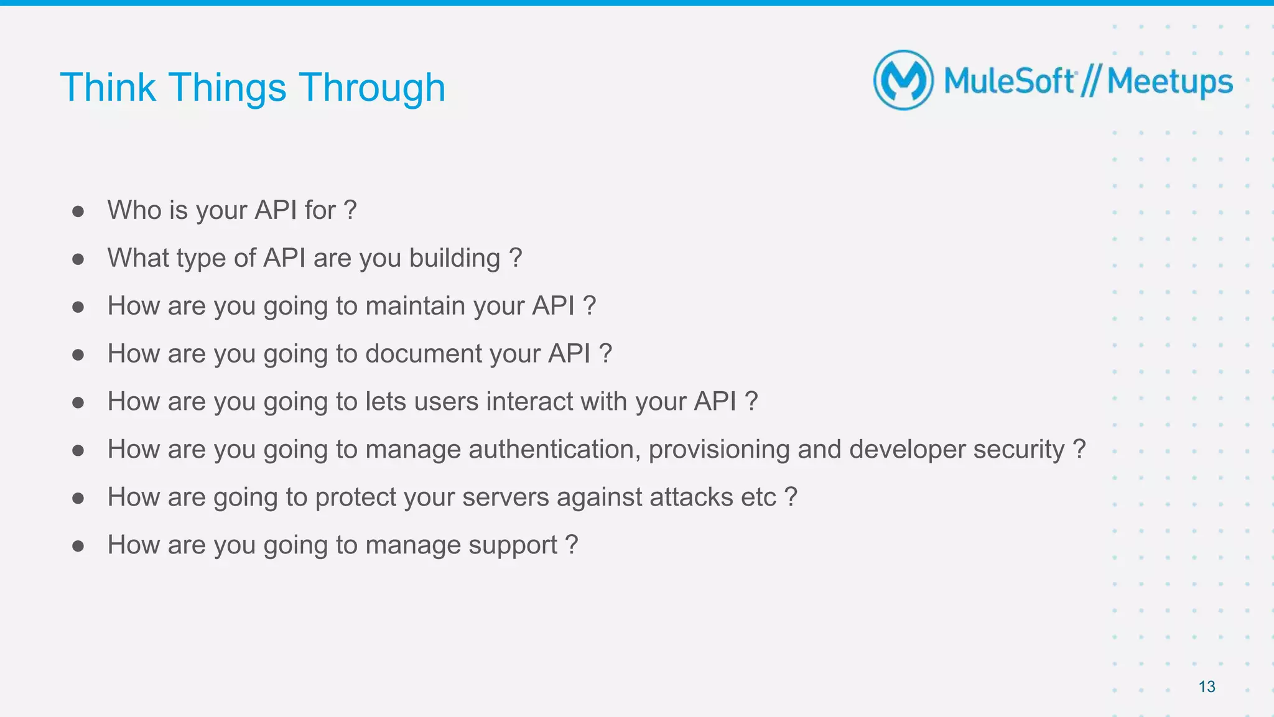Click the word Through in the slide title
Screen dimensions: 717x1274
tap(372, 88)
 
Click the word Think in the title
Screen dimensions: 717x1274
tap(108, 88)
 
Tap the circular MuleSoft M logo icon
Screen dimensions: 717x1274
tap(903, 81)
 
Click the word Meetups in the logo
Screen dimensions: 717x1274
tap(1169, 82)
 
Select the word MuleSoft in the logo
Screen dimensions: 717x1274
tap(1009, 81)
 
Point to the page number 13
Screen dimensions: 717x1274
tap(1206, 687)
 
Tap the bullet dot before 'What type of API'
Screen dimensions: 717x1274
tap(78, 259)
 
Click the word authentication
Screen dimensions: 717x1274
tap(554, 450)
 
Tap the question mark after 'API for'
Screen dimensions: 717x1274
tap(350, 210)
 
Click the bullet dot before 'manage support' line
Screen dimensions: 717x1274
tap(78, 546)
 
